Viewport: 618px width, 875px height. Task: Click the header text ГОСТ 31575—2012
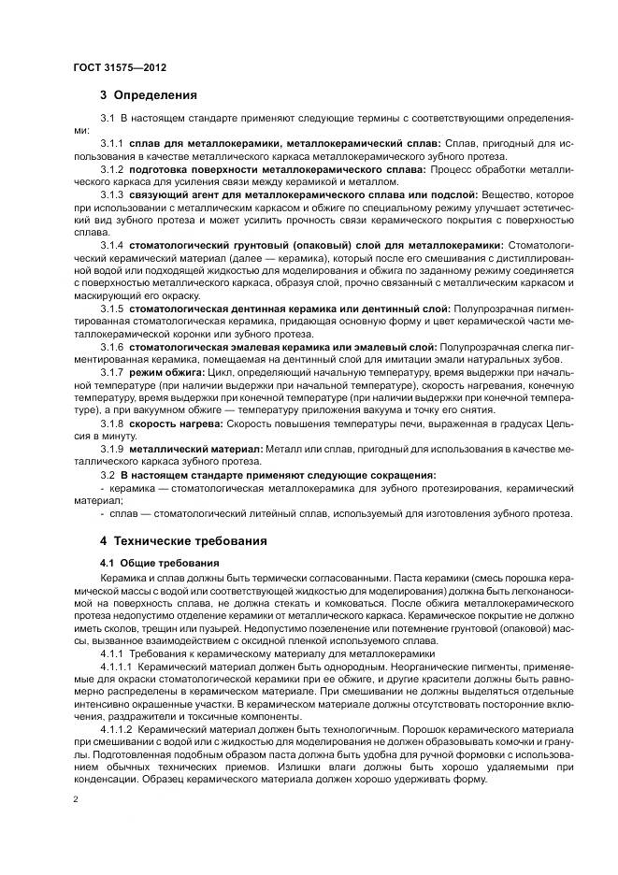click(x=120, y=68)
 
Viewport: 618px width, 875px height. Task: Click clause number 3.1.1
click(x=112, y=144)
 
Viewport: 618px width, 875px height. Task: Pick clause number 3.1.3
click(x=112, y=193)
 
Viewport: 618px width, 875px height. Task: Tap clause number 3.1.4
click(x=112, y=244)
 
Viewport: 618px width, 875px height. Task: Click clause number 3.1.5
click(x=112, y=308)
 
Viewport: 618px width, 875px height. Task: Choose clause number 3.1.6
click(x=112, y=345)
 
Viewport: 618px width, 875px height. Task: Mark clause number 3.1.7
click(x=112, y=371)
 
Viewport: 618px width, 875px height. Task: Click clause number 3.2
click(x=108, y=474)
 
